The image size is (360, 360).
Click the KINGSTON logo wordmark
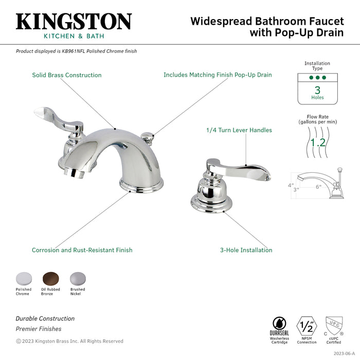click(74, 22)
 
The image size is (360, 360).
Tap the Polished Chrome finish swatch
click(23, 278)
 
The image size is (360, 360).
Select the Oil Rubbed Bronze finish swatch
click(50, 278)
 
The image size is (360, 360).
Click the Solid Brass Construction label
click(67, 75)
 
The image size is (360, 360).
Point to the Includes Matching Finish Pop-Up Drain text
click(218, 75)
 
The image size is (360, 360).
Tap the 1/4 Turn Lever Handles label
click(239, 131)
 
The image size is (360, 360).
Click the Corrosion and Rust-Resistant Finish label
click(82, 250)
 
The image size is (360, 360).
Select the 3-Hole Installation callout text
click(246, 250)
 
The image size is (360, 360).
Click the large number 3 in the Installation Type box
click(317, 89)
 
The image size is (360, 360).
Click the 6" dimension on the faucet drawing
click(318, 187)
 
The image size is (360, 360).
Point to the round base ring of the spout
click(141, 184)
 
